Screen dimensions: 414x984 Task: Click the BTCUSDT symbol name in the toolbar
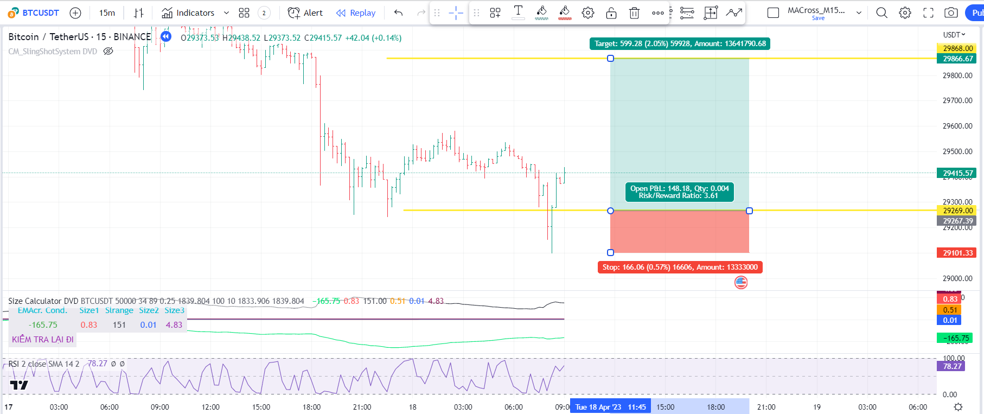coord(40,12)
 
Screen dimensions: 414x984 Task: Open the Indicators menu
coord(195,12)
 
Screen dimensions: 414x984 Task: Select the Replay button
coord(356,12)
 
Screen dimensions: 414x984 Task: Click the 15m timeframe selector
coord(107,12)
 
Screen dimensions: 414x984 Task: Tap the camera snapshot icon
coord(950,12)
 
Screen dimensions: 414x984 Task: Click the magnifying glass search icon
coord(881,12)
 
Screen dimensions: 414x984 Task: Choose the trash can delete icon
coord(634,12)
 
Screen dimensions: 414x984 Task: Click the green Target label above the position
coord(680,43)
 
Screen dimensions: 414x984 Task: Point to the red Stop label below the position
coord(680,267)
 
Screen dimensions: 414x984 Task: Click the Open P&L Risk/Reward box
coord(679,192)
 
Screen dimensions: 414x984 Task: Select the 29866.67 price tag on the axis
coord(957,59)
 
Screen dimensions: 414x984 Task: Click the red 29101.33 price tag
coord(957,253)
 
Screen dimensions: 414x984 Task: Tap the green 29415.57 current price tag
coord(957,173)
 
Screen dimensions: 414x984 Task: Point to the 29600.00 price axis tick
coord(957,126)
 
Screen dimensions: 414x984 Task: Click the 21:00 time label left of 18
coord(362,407)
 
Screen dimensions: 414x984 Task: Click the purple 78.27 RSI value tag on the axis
coord(952,366)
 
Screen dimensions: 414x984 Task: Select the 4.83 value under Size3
coord(174,324)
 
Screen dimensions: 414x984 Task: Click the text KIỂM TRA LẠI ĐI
coord(43,339)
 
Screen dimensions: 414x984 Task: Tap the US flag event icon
coord(740,282)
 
